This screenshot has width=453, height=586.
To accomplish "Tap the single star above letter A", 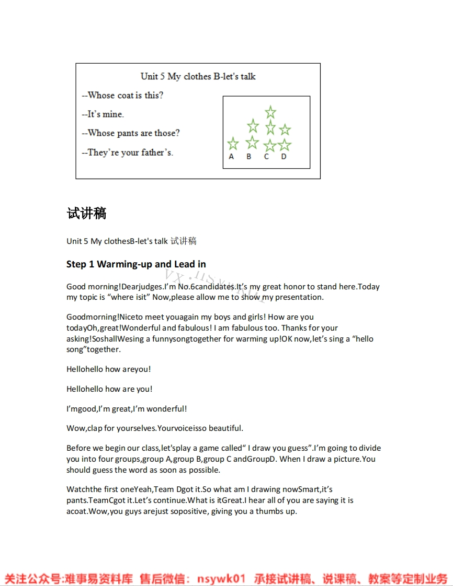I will click(233, 144).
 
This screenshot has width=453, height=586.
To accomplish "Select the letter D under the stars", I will click(284, 157).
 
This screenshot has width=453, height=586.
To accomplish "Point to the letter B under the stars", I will click(249, 157).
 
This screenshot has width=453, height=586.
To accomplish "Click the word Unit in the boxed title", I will click(149, 76).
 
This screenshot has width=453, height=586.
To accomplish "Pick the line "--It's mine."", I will click(103, 114).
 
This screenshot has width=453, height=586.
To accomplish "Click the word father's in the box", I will click(157, 153).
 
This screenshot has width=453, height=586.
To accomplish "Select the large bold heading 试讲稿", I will click(87, 213).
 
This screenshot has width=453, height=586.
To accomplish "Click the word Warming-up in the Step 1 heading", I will click(124, 264).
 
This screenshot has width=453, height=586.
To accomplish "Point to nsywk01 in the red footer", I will click(221, 579).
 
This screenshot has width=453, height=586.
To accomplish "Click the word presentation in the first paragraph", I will click(299, 297).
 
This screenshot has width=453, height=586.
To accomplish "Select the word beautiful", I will click(225, 428).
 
